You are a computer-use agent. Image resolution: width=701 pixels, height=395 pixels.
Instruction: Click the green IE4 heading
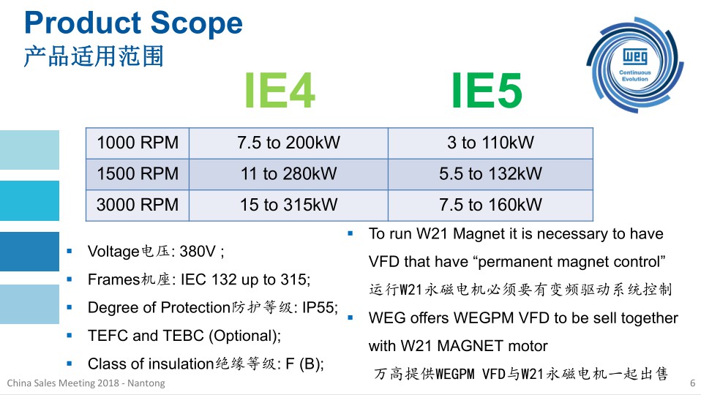[x=280, y=90]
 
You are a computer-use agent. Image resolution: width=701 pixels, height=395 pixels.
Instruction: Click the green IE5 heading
[x=487, y=90]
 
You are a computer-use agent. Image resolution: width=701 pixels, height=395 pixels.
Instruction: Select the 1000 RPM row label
[x=138, y=143]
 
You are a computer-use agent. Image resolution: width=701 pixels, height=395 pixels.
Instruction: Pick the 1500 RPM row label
[x=138, y=173]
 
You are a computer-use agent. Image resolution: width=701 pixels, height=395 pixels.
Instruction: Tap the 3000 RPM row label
[x=138, y=205]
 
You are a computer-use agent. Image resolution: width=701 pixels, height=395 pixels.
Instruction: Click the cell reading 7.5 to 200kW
[x=288, y=143]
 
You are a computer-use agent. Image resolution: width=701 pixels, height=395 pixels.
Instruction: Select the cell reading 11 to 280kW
[x=288, y=173]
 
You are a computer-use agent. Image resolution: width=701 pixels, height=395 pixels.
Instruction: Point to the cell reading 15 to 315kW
[x=288, y=205]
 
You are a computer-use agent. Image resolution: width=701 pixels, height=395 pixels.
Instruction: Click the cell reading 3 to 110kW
[x=490, y=143]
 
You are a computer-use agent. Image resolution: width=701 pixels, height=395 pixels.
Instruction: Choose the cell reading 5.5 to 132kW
[x=490, y=173]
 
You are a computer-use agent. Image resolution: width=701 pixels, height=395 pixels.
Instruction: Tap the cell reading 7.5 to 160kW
[x=490, y=205]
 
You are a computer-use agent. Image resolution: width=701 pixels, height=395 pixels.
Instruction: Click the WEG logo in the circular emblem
[x=635, y=57]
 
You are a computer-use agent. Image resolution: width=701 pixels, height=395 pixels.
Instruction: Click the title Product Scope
[x=133, y=23]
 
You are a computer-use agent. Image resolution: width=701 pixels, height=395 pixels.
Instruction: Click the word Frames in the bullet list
[x=114, y=279]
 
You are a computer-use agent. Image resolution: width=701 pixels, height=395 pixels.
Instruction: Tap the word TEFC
[x=108, y=336]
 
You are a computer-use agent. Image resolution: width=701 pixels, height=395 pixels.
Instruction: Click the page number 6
[x=692, y=383]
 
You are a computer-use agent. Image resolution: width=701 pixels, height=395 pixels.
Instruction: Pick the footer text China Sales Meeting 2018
[x=63, y=383]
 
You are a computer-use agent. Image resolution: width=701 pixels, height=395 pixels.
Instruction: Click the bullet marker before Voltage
[x=70, y=252]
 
